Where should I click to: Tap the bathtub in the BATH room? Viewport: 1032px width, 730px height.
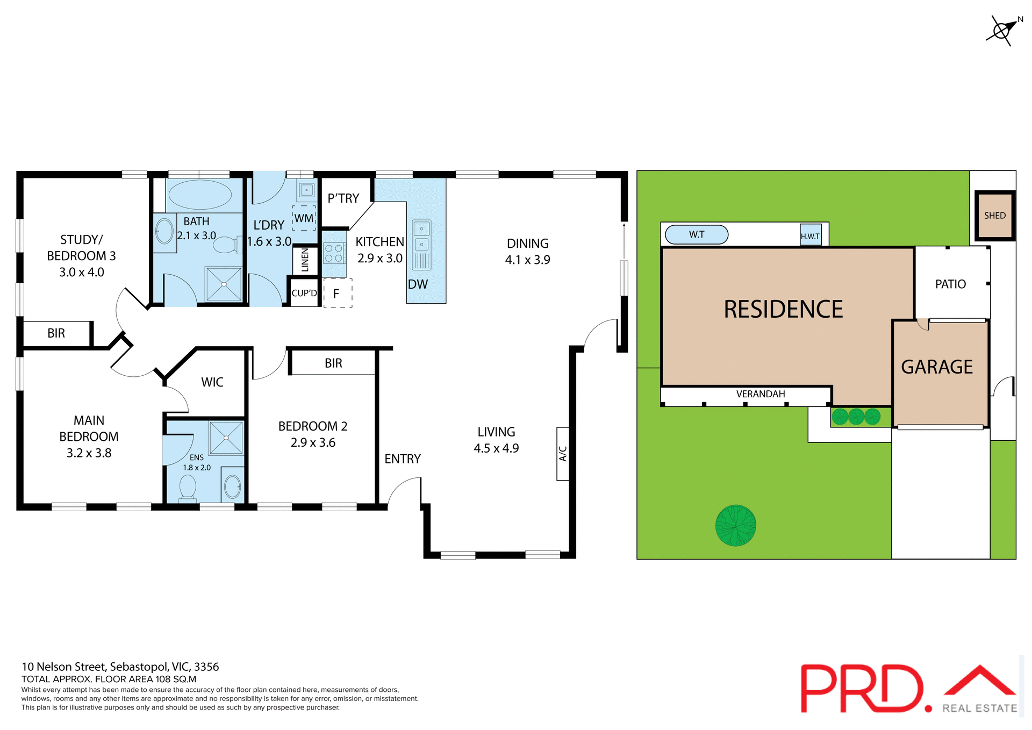(199, 195)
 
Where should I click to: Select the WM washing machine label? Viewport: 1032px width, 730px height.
(304, 218)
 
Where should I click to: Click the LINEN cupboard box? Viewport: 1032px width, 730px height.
(305, 260)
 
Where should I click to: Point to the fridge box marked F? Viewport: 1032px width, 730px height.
(338, 294)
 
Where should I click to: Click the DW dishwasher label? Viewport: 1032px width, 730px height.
(418, 284)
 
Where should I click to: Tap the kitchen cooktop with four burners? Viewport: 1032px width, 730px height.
(334, 253)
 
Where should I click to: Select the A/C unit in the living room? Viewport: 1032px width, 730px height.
(563, 454)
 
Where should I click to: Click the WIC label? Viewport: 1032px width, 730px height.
(212, 382)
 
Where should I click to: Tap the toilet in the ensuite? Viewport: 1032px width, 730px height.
(188, 488)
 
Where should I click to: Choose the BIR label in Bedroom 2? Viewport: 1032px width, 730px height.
(333, 363)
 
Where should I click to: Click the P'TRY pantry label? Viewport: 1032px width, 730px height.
(343, 198)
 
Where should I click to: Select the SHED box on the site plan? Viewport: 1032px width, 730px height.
(995, 216)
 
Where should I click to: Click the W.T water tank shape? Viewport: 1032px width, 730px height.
(697, 234)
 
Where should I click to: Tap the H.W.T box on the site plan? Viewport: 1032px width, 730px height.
(811, 235)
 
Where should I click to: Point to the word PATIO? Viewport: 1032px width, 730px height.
(950, 284)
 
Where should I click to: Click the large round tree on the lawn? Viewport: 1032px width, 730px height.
(735, 525)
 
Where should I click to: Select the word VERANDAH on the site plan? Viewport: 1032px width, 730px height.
(761, 394)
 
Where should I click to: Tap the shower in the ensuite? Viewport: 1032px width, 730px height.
(226, 438)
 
